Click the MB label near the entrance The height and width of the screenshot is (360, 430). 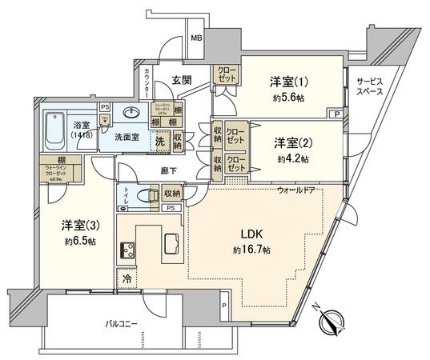[195, 38]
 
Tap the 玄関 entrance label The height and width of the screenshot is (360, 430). [180, 79]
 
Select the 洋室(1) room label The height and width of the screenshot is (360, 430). [286, 82]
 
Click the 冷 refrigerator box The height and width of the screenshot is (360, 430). [127, 278]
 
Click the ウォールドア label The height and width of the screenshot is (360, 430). [298, 190]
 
